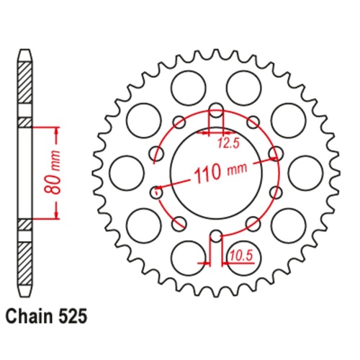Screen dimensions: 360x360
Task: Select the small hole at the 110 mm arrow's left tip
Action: [x=156, y=192]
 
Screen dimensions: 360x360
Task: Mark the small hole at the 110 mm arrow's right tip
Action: [x=275, y=153]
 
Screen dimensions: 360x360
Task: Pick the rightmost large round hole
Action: [x=305, y=172]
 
